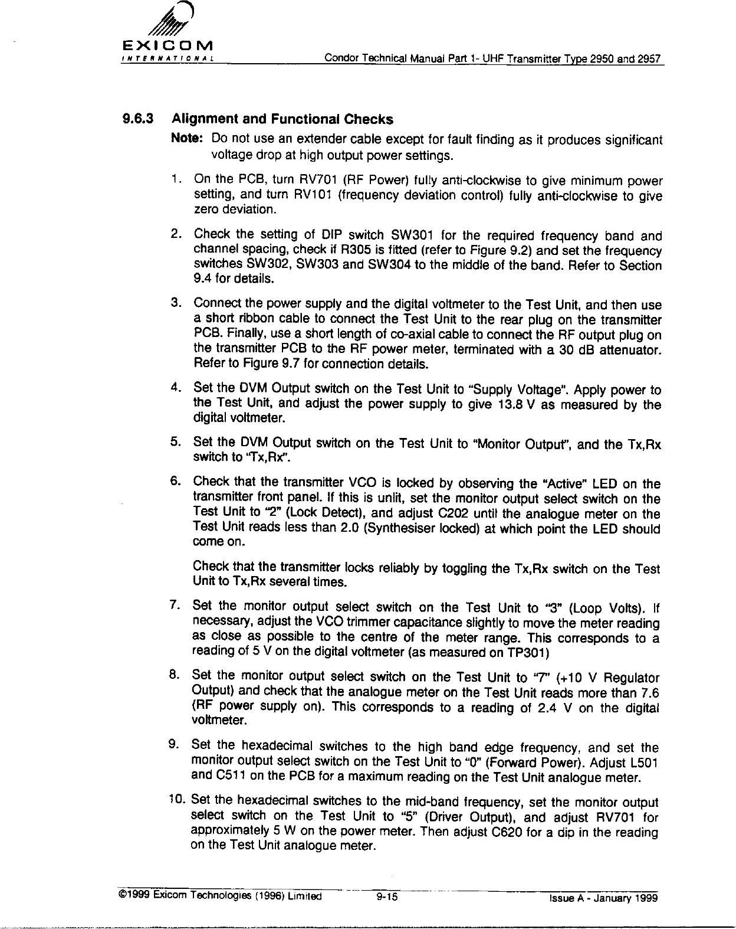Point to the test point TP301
point(529,652)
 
